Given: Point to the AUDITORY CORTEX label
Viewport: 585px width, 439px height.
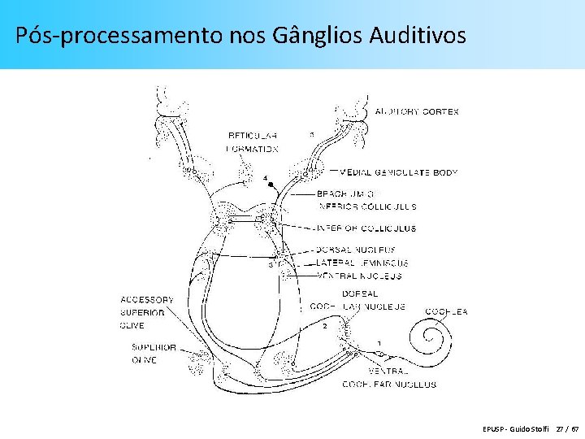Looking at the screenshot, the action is tap(417, 111).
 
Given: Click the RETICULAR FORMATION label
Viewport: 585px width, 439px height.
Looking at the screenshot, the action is tap(253, 142).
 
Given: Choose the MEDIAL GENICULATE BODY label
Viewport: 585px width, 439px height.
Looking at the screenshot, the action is tap(399, 172).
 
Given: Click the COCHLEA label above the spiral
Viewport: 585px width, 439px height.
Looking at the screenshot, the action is tap(446, 311).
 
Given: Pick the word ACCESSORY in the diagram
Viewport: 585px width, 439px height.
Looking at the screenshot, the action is tap(147, 299).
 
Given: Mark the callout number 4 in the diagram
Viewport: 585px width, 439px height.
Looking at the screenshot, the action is tap(264, 177).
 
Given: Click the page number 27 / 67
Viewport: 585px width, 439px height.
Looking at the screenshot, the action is tap(567, 428).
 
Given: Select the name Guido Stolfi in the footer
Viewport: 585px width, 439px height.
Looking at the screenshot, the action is tap(530, 428).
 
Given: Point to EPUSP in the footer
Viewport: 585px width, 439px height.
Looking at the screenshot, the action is tap(492, 428).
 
